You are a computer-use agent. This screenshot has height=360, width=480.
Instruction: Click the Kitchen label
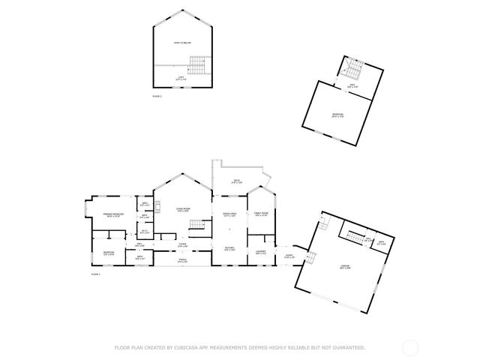coord(229,248)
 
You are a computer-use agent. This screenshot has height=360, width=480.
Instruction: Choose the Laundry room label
coord(261,251)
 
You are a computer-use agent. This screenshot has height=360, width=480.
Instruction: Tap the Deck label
coord(235,181)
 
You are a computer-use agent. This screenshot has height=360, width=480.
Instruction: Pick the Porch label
coord(182,261)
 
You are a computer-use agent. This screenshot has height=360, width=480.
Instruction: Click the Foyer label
coord(182,244)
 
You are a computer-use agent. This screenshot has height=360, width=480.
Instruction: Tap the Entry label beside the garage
coord(288,256)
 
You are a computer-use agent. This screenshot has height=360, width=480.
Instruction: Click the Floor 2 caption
coord(157,97)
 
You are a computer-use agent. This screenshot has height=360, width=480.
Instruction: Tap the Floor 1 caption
coord(95,275)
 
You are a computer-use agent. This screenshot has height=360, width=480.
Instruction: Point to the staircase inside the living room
coord(197,225)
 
